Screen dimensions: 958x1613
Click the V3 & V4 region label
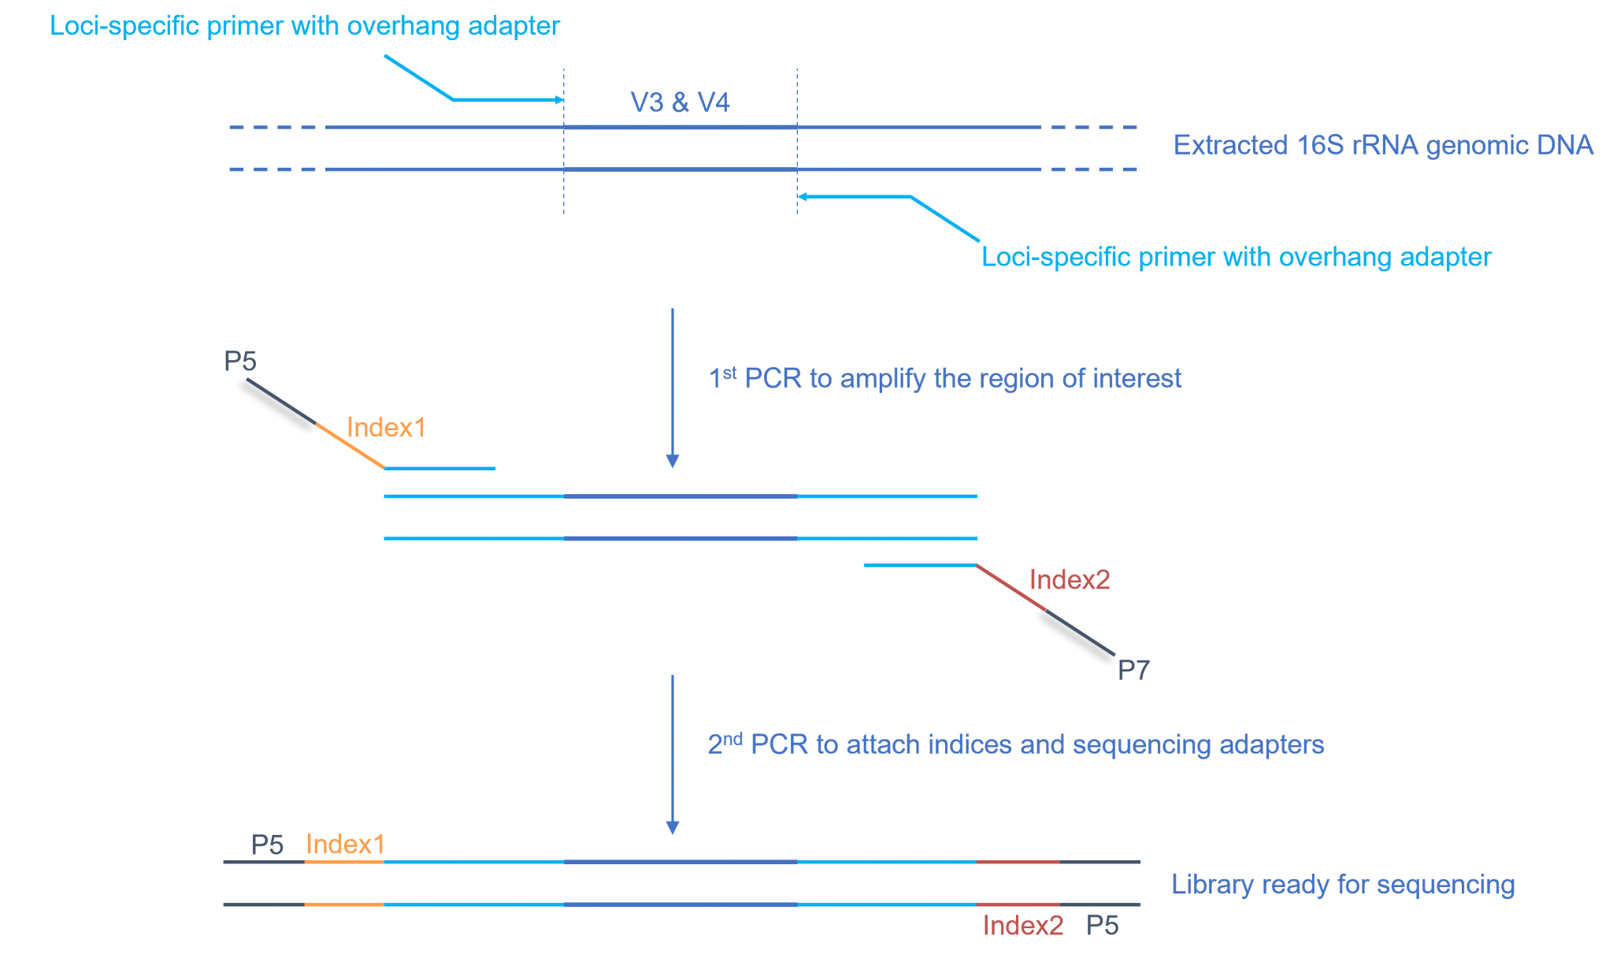[680, 102]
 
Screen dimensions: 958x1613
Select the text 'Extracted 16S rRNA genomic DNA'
[1383, 145]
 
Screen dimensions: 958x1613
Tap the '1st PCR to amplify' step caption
[945, 378]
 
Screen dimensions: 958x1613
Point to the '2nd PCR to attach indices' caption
[1015, 744]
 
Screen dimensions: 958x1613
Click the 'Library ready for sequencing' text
[1343, 885]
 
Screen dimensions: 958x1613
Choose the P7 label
[1133, 670]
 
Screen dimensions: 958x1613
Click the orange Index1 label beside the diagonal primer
[386, 428]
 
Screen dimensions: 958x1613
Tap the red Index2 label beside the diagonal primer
[1070, 580]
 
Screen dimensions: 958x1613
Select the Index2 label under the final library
[1022, 926]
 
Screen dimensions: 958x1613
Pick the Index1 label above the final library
[345, 845]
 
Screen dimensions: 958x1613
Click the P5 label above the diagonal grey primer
[240, 362]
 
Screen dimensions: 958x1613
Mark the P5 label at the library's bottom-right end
[1103, 926]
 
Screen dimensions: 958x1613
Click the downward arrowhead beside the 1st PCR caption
[673, 461]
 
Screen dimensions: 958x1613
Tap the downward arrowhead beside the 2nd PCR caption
[673, 827]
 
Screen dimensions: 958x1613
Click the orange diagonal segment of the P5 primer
[350, 446]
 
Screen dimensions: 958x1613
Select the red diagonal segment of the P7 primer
[1011, 588]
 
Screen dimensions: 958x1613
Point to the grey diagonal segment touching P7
[1081, 633]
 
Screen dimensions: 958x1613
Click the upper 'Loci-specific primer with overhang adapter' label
[305, 26]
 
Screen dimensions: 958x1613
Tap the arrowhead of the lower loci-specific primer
[802, 196]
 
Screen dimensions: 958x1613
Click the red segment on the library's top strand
[1018, 862]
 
